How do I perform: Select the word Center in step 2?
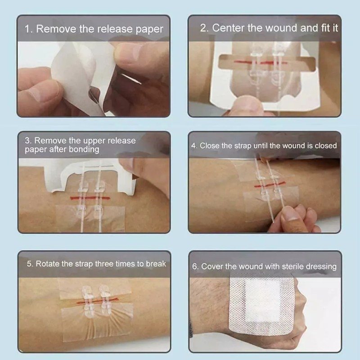pos(228,27)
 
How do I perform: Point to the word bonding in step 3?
pos(84,149)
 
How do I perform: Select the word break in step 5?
pos(156,264)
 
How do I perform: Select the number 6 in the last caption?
pos(195,266)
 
